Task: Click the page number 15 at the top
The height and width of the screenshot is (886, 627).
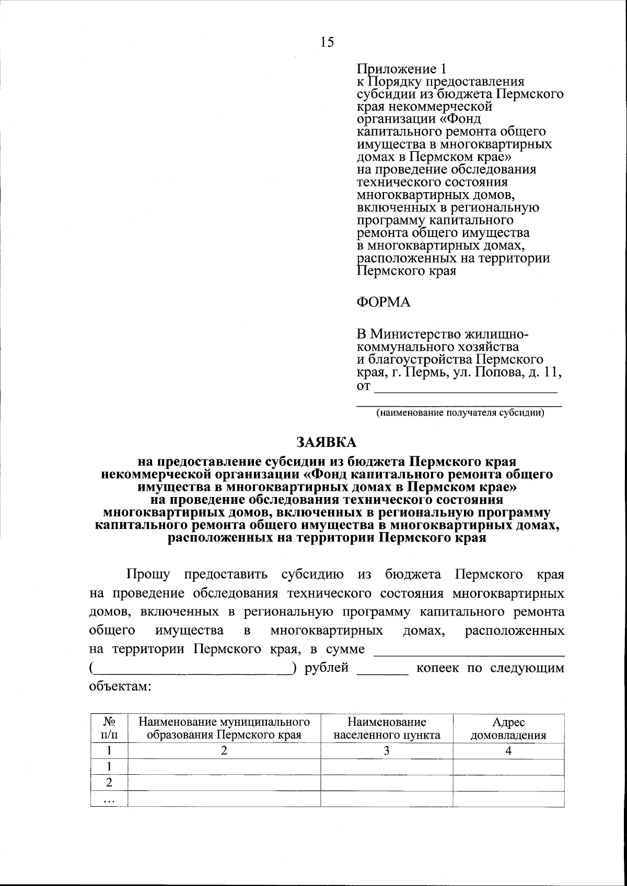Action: (327, 42)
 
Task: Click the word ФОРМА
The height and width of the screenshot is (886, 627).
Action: (383, 302)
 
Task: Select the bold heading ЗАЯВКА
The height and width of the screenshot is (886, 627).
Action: (327, 442)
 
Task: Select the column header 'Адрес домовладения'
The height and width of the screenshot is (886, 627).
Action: (508, 729)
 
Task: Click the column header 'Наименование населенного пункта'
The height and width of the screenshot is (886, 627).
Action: (387, 729)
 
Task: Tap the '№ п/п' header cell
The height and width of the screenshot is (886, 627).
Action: (109, 729)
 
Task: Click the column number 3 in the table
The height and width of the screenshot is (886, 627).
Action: (387, 751)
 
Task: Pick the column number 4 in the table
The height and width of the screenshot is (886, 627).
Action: (508, 751)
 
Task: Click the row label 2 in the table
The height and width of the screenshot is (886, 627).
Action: (109, 783)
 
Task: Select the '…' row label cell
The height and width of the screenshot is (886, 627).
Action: (109, 799)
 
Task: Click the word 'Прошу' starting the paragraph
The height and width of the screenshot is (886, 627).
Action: (148, 575)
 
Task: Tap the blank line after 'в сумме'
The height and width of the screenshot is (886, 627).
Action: (470, 651)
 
